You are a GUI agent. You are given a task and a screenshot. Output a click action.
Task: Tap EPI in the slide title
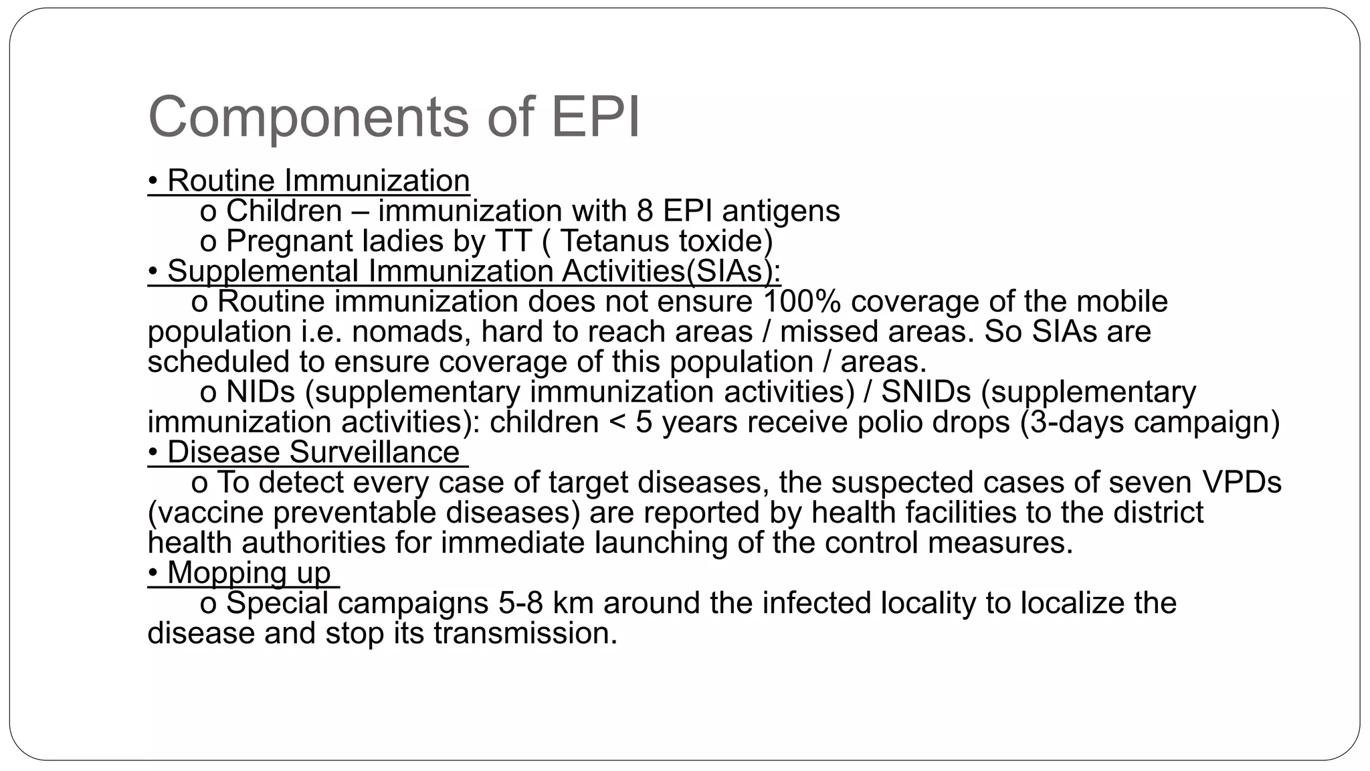[595, 118]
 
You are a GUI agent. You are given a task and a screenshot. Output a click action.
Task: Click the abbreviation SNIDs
[926, 392]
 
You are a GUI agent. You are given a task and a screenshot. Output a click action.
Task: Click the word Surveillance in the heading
[375, 452]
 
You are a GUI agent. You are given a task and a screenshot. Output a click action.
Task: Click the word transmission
[525, 633]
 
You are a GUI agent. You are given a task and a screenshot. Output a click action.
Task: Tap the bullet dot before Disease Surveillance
[153, 452]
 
